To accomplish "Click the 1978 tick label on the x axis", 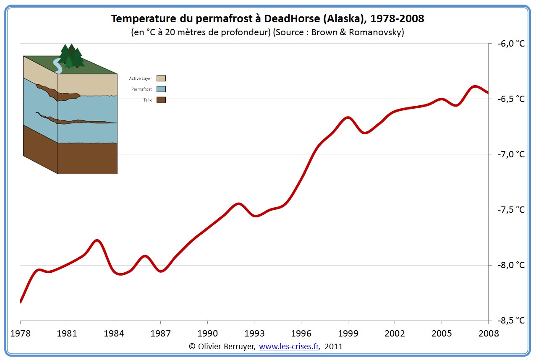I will tap(20, 334).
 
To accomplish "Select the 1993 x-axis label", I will tap(254, 334).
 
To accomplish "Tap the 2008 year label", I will tap(488, 334).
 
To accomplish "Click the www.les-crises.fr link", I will tap(289, 347).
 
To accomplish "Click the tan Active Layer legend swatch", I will tap(161, 78).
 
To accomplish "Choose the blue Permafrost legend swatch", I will tap(161, 89).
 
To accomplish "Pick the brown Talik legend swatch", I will tap(161, 100).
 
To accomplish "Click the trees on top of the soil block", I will tap(71, 56).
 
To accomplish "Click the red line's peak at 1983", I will tap(97, 240).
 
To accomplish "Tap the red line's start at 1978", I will tap(21, 301).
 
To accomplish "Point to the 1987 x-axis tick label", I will tap(160, 334).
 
